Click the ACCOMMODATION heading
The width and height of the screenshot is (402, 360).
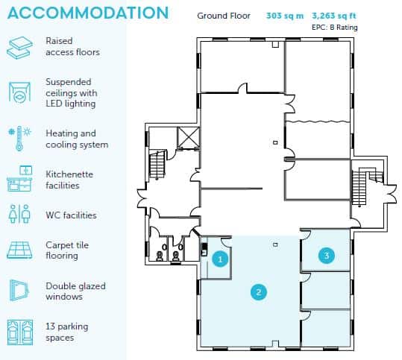[x=88, y=13]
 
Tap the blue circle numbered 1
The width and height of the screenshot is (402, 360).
[x=220, y=259]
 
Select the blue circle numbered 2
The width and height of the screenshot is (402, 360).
[x=258, y=292]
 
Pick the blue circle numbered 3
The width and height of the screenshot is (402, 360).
[x=327, y=255]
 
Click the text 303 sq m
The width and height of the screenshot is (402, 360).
[x=285, y=16]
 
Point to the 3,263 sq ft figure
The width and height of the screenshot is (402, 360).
[x=334, y=16]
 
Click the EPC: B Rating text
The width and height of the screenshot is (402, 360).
[x=335, y=27]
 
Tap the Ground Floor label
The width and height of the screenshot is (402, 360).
[x=224, y=16]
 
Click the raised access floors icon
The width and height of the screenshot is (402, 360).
[x=19, y=48]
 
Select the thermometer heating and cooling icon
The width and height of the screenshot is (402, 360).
[x=19, y=139]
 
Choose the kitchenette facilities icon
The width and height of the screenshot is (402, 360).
[x=19, y=179]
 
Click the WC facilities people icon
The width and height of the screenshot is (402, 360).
[x=19, y=214]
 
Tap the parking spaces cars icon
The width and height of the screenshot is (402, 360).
[x=20, y=332]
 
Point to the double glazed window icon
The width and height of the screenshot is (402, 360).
[x=19, y=290]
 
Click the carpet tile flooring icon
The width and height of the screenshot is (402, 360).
[x=19, y=250]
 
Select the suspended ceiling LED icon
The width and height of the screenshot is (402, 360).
[x=19, y=92]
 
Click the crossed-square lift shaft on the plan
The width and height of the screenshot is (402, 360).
[x=189, y=138]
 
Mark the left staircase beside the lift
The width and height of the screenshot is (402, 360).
[x=157, y=165]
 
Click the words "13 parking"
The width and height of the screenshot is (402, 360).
[x=67, y=326]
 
